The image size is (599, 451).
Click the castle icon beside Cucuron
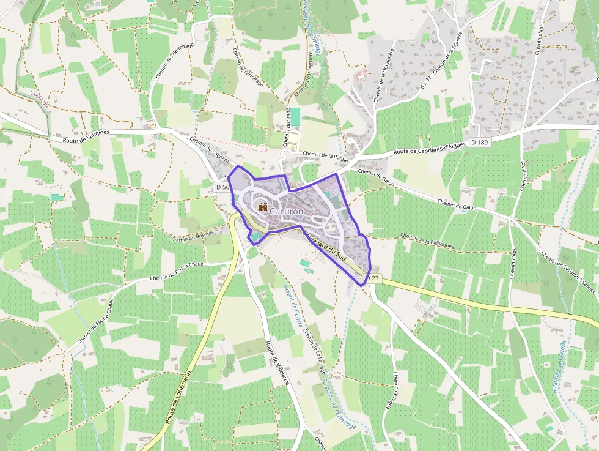[x=263, y=207]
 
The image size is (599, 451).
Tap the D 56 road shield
[x=223, y=187]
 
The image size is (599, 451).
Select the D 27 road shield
[x=374, y=278]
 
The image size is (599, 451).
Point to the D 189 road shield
[x=480, y=142]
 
